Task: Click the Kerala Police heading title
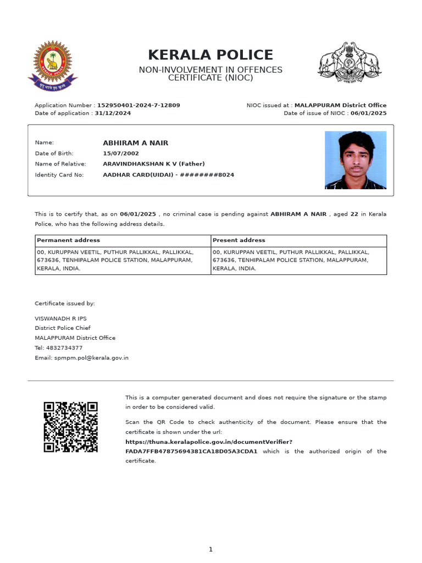[210, 55]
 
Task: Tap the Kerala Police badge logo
[53, 65]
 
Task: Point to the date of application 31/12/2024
[113, 113]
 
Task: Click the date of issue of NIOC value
[369, 113]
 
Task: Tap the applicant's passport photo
[356, 160]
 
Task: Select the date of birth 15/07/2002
[121, 153]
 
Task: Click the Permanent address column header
[68, 240]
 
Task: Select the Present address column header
[239, 240]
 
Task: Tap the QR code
[71, 427]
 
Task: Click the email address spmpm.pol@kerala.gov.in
[91, 358]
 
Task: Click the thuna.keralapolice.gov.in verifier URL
[209, 442]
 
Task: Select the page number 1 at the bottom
[210, 549]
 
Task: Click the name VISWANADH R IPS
[60, 318]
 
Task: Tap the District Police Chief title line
[63, 328]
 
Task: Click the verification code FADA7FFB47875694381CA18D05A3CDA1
[191, 451]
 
